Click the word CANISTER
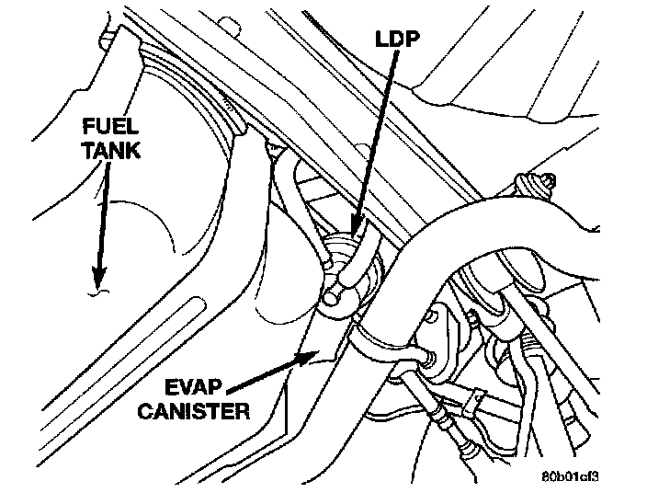(194, 410)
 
